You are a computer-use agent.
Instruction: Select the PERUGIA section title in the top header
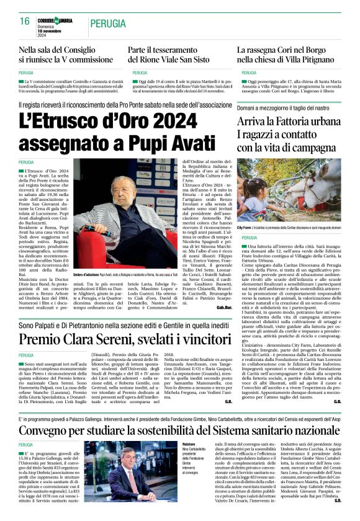point(110,23)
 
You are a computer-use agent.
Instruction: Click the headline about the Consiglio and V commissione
point(67,55)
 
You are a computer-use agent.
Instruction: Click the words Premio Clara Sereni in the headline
point(86,339)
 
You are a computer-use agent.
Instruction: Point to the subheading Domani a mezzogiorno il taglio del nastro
point(287,107)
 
